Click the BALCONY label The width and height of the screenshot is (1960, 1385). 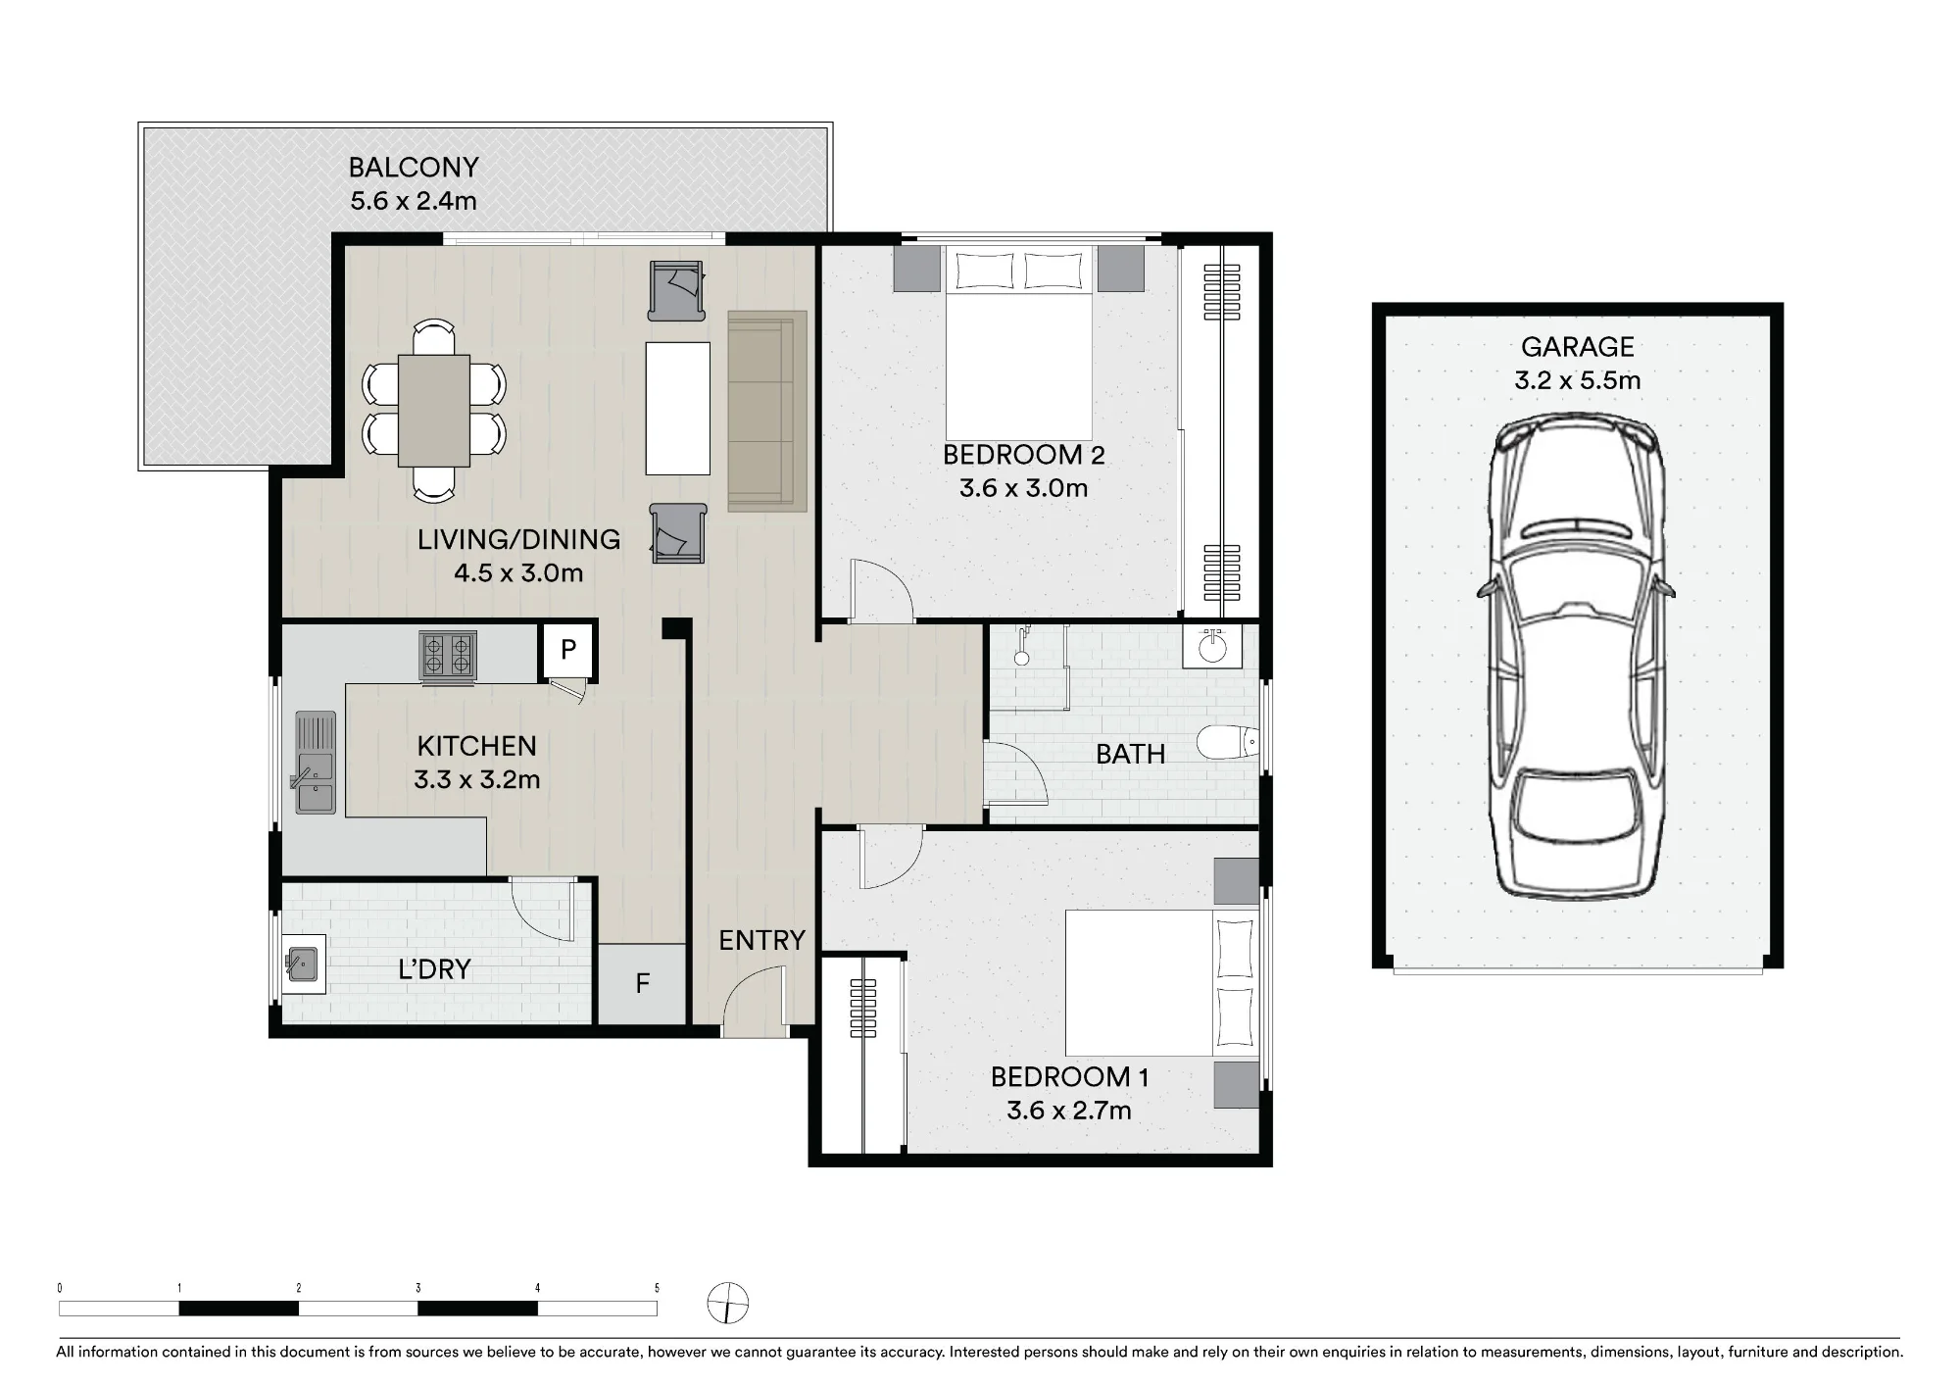[414, 168]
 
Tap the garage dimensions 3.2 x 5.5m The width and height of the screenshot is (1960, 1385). [1578, 380]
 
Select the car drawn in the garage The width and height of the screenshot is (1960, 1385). [1576, 656]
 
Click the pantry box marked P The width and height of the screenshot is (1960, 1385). [567, 649]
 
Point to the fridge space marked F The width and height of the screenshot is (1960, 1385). [642, 983]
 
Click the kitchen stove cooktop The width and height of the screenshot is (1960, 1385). [449, 655]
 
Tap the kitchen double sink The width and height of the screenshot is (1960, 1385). [315, 763]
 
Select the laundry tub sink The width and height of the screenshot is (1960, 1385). [301, 964]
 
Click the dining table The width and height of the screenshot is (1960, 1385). [433, 410]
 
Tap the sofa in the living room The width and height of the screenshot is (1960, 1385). [767, 412]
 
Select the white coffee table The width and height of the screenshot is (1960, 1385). [678, 409]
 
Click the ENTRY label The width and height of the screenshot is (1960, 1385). [761, 941]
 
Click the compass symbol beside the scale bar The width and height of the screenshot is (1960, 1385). [728, 1304]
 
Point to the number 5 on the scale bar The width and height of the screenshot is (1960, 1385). [657, 1288]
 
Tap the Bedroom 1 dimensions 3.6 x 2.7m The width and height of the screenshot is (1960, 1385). [1069, 1111]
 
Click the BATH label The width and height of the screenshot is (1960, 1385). [1131, 754]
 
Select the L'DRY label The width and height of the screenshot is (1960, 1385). [434, 969]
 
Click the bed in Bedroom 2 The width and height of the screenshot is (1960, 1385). [1018, 343]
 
